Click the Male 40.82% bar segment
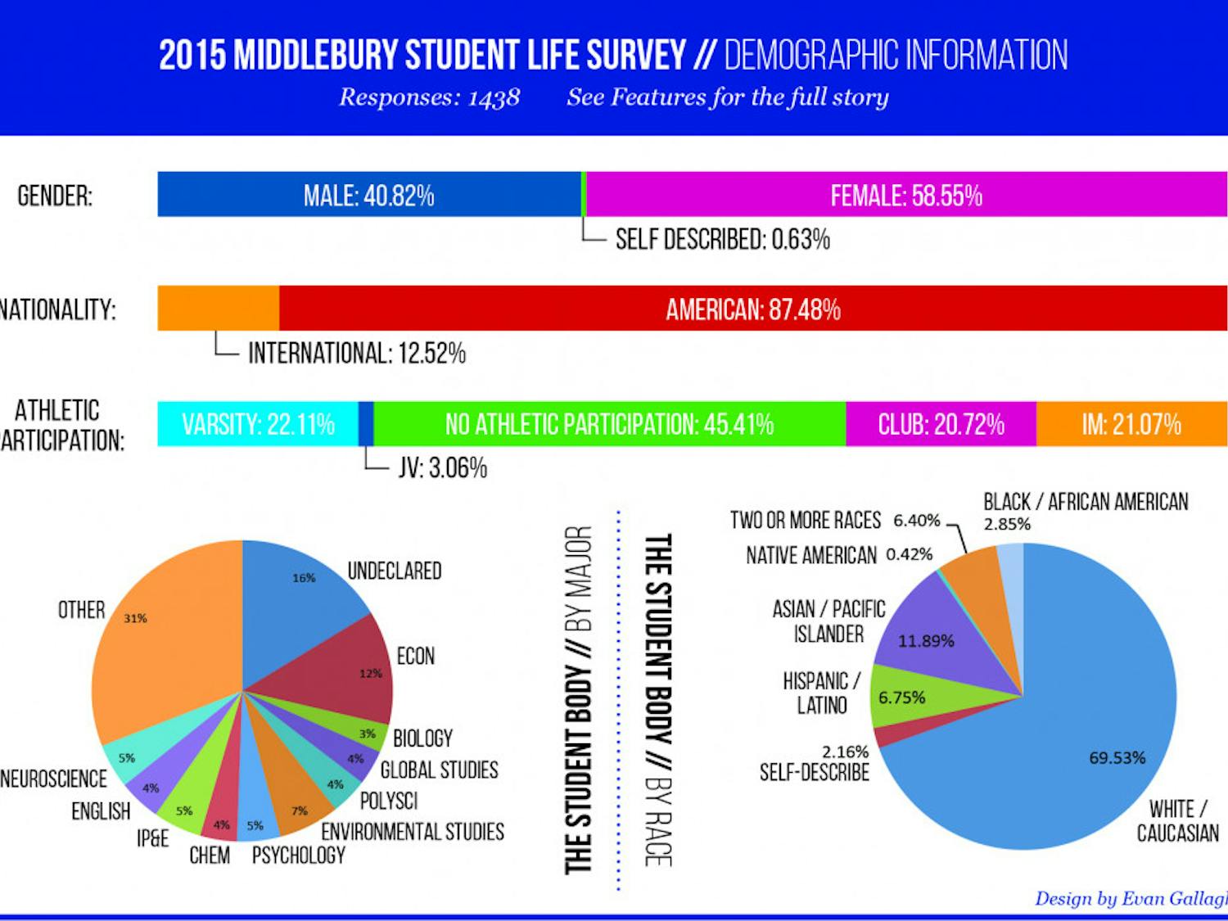click(368, 195)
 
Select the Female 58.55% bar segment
click(906, 195)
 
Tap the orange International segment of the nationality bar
click(218, 309)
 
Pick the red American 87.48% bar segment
click(752, 309)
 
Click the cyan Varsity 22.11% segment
click(258, 424)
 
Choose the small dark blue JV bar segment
click(366, 424)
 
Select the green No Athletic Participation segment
click(609, 424)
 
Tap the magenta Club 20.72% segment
click(941, 424)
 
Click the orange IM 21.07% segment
click(1131, 424)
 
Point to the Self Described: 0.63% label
click(722, 239)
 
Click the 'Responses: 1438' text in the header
click(429, 97)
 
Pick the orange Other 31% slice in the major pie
click(164, 639)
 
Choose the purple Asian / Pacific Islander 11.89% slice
click(925, 630)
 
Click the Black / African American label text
click(1086, 502)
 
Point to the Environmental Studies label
click(412, 832)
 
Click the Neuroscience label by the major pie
click(53, 779)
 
